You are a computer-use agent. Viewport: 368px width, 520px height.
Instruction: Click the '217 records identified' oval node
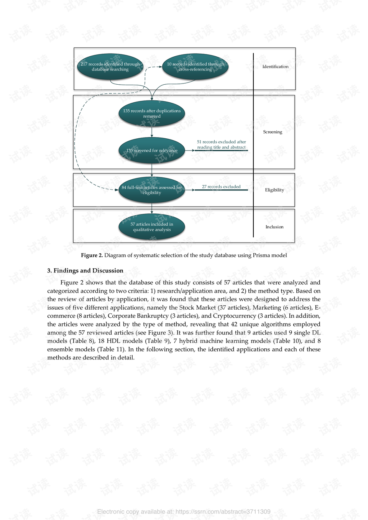pyautogui.click(x=110, y=67)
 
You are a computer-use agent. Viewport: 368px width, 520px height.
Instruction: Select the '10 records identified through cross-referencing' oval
pyautogui.click(x=195, y=67)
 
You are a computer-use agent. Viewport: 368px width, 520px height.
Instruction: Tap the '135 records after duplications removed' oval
pyautogui.click(x=152, y=113)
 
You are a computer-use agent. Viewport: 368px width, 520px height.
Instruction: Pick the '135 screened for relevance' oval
pyautogui.click(x=152, y=150)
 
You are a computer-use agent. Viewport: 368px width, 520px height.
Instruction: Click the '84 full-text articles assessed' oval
pyautogui.click(x=152, y=190)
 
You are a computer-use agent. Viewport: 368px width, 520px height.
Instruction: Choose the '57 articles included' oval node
pyautogui.click(x=152, y=227)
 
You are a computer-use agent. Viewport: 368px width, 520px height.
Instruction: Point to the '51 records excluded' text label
pyautogui.click(x=221, y=144)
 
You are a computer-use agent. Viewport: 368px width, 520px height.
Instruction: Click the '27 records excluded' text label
pyautogui.click(x=221, y=187)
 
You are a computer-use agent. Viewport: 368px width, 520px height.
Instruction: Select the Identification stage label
pyautogui.click(x=275, y=67)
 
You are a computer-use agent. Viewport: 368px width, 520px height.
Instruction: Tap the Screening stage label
pyautogui.click(x=273, y=132)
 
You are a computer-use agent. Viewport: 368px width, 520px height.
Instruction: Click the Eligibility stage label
pyautogui.click(x=274, y=190)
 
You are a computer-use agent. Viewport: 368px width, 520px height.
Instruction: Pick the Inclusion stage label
pyautogui.click(x=274, y=227)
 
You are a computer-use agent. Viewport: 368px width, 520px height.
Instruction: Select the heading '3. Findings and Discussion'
pyautogui.click(x=85, y=271)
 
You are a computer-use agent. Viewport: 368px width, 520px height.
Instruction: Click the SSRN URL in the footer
pyautogui.click(x=223, y=512)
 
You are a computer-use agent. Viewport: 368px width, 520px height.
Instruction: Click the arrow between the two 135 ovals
pyautogui.click(x=152, y=131)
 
